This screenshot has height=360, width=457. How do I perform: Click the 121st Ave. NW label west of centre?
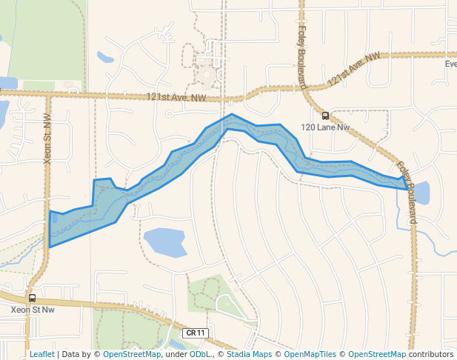176,97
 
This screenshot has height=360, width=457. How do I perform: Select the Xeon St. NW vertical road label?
48,138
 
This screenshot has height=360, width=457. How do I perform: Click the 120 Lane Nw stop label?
325,127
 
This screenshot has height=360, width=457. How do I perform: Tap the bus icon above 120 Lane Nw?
325,116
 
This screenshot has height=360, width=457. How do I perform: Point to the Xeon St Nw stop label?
33,310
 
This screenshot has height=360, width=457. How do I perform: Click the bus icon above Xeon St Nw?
32,298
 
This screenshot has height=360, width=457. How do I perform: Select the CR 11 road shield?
195,333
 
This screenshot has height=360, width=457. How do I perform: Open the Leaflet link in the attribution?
41,354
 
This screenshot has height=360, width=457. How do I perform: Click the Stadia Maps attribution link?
249,354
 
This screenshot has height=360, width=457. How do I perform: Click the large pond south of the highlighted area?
164,241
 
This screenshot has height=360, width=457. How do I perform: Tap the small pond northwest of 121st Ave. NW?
105,57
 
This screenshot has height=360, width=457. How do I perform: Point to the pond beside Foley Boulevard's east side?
420,193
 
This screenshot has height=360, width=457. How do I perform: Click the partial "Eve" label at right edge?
450,64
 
